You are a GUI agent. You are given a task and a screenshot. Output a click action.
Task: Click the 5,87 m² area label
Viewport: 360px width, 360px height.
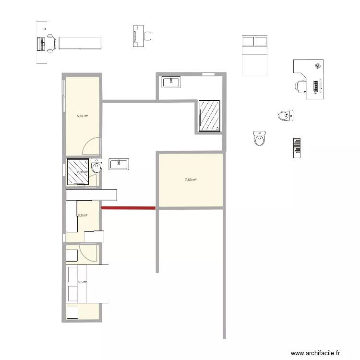(83, 116)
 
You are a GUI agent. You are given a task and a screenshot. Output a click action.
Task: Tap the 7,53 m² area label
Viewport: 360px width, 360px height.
(191, 180)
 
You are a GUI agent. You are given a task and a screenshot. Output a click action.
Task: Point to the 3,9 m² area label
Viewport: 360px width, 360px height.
(82, 216)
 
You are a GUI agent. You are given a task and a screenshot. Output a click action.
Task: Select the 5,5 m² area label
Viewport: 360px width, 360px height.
(82, 282)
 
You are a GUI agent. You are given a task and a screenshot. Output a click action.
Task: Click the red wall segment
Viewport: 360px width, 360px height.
(128, 208)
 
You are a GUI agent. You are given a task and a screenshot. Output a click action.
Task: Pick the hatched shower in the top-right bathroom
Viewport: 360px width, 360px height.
(210, 116)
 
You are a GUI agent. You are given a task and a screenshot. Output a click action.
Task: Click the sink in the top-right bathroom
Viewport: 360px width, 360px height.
(171, 82)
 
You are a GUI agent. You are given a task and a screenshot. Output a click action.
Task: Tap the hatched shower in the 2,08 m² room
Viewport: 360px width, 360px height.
(78, 171)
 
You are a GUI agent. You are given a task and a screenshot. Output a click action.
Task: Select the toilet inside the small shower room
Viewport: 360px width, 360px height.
(96, 167)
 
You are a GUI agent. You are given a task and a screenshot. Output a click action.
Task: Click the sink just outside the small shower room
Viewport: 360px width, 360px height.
(119, 164)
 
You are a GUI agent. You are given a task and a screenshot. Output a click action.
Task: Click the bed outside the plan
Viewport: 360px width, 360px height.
(254, 56)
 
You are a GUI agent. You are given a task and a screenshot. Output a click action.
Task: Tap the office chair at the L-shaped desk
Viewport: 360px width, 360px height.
(300, 86)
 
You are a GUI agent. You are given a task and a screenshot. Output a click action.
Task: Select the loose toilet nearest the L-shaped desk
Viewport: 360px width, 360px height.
(286, 115)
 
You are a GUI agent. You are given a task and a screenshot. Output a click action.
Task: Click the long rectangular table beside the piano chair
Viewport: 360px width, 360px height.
(80, 42)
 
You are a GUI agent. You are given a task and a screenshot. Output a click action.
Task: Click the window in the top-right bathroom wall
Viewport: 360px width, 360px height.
(208, 74)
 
